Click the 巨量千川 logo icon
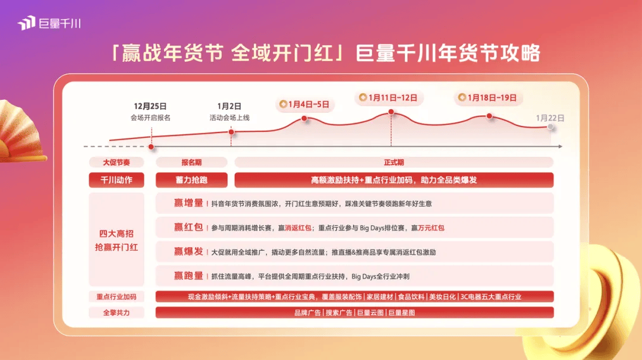(x=27, y=24)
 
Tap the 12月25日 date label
(x=150, y=106)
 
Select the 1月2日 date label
(x=229, y=106)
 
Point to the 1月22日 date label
(x=550, y=118)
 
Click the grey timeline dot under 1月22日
(x=551, y=127)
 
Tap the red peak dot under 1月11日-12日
(x=391, y=112)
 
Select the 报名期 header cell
(x=191, y=162)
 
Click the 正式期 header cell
(x=394, y=162)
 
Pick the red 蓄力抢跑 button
(x=191, y=180)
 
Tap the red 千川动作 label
(x=117, y=180)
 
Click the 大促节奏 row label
(x=117, y=162)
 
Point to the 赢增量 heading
(x=188, y=203)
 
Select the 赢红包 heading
(x=188, y=228)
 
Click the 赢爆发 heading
(x=188, y=252)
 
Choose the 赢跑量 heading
(x=188, y=276)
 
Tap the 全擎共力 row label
(x=117, y=312)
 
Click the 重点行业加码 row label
(x=117, y=296)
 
